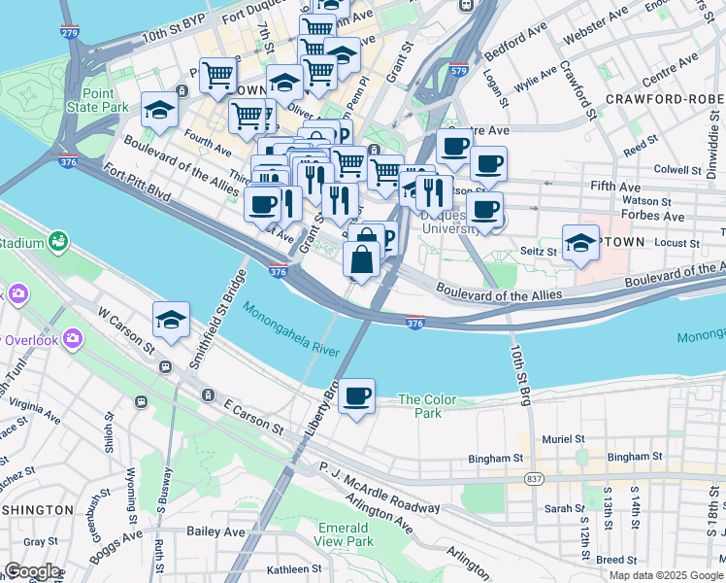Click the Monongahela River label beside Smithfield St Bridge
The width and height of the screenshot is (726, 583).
pos(291,329)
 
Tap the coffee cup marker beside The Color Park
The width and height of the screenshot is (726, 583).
pos(357,397)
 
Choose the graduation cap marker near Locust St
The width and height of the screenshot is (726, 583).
pos(580,244)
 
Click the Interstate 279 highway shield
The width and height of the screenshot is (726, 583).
pos(68,33)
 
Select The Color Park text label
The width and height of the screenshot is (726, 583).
pos(419,406)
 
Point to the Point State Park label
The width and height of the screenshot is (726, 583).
pos(97,99)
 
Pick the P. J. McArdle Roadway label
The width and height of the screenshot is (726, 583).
pos(379,486)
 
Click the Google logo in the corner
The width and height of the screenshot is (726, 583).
pos(32,571)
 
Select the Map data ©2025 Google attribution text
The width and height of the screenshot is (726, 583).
pos(665,575)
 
